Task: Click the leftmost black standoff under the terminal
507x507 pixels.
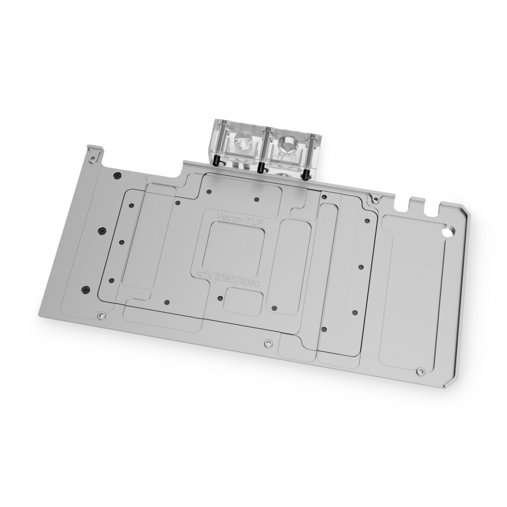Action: tap(216, 161)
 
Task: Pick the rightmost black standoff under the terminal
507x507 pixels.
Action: tap(305, 173)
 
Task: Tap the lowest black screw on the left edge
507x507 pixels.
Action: tap(86, 288)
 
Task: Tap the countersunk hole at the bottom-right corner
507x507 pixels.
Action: tap(420, 371)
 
